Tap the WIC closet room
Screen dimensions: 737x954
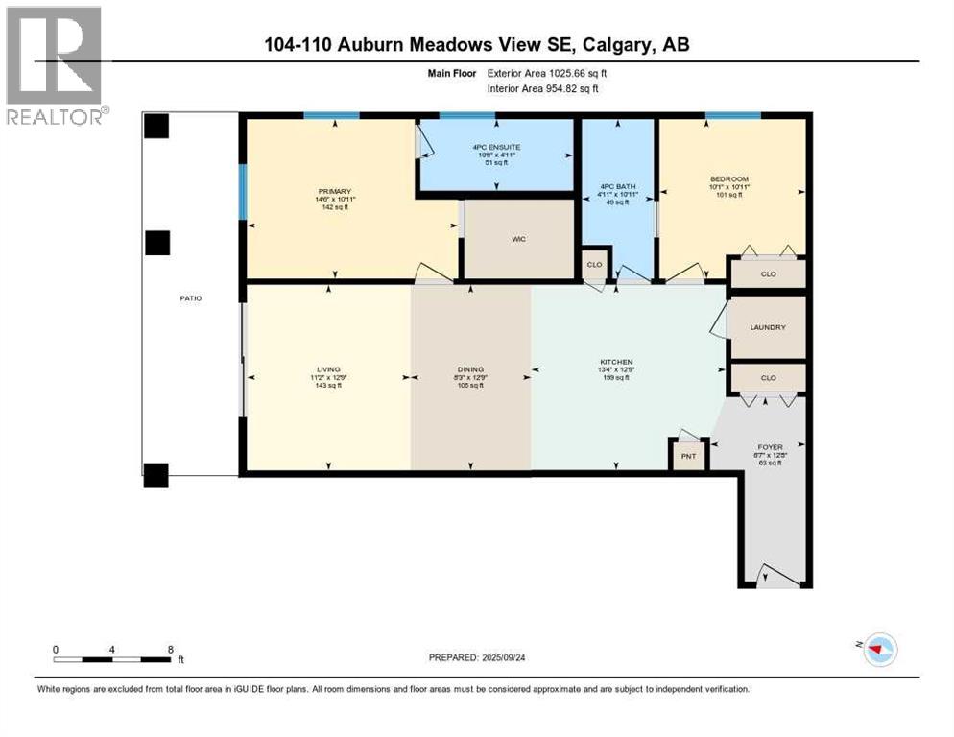(x=518, y=240)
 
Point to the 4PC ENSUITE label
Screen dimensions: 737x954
(x=495, y=148)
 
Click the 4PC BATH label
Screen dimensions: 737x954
(x=618, y=186)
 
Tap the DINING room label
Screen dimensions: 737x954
(x=470, y=369)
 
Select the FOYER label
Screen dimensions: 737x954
(x=770, y=447)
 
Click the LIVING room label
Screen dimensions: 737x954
(x=329, y=369)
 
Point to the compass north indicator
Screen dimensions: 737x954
(x=876, y=650)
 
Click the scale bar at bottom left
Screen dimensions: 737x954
(x=113, y=658)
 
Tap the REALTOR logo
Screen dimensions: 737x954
(x=55, y=66)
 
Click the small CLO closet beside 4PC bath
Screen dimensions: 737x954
(x=594, y=264)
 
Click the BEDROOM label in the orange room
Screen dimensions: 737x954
(x=729, y=179)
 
